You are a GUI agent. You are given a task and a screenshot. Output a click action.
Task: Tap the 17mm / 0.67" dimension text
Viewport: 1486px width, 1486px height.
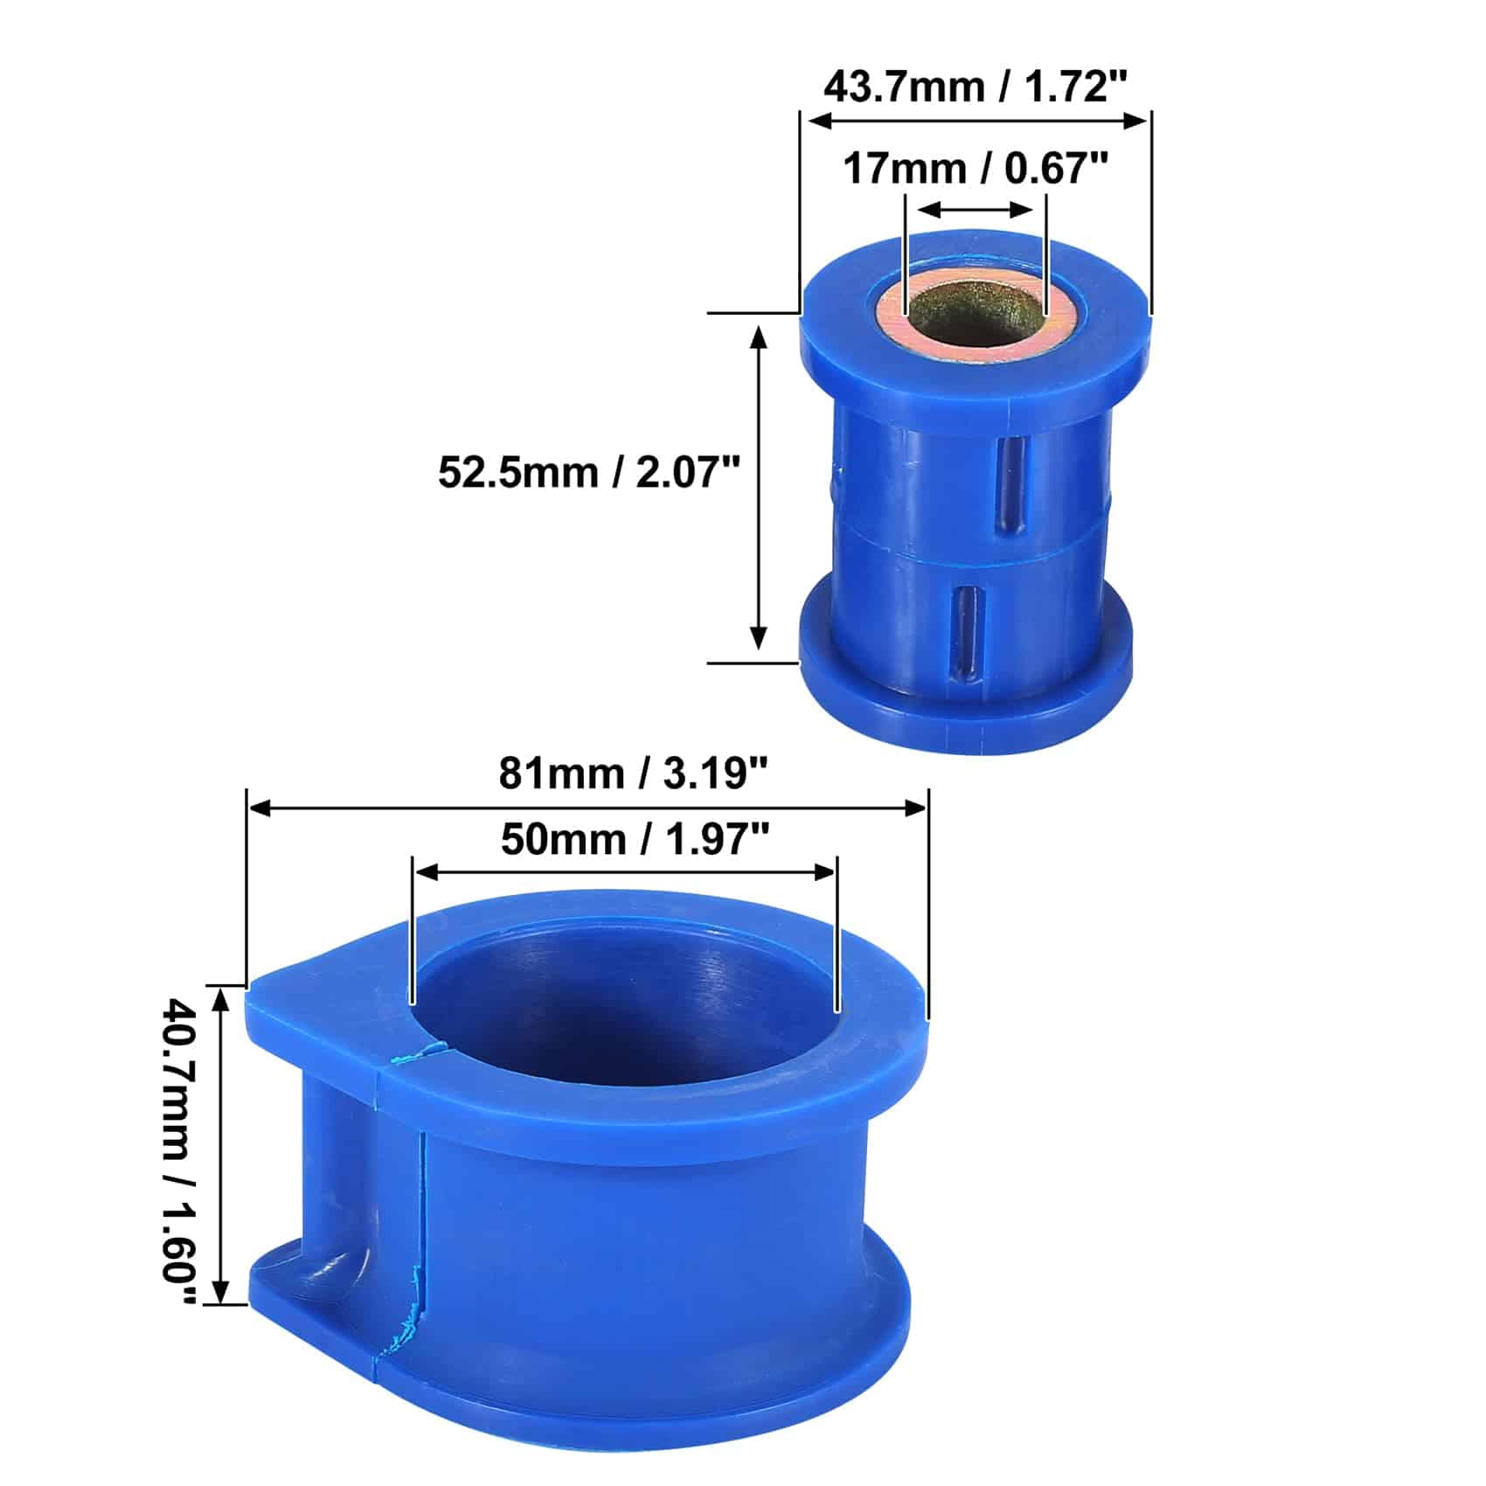[x=976, y=168]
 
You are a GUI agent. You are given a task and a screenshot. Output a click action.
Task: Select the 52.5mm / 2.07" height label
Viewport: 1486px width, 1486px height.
[x=589, y=474]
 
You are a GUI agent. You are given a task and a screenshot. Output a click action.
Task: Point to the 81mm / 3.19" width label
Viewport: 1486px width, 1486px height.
[x=634, y=774]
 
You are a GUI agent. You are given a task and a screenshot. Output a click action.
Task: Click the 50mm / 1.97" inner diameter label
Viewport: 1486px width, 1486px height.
[x=635, y=840]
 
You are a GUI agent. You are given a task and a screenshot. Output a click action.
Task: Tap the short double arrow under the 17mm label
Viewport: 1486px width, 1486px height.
[x=976, y=210]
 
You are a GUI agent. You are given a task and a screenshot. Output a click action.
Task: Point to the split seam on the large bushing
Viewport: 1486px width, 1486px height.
[x=420, y=1224]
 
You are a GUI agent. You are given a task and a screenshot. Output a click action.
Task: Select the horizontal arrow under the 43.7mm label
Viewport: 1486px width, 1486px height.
[x=976, y=121]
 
